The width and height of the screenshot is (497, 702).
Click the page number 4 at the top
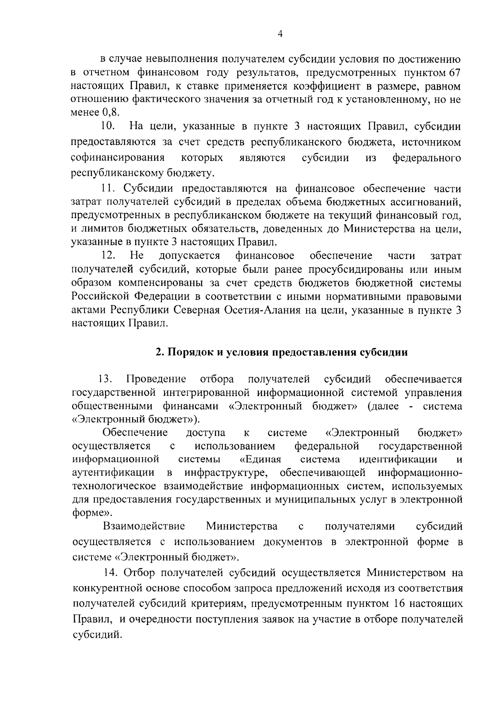tap(280, 34)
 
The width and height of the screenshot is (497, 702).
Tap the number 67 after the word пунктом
tap(455, 74)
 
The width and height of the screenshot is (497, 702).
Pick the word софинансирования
tap(118, 158)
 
